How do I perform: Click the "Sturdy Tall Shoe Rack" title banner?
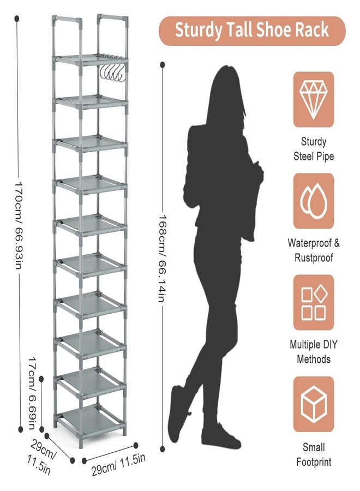point(252,31)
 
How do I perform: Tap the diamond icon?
point(313,100)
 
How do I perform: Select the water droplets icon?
point(313,201)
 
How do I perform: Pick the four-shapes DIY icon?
point(313,302)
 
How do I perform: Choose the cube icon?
point(313,404)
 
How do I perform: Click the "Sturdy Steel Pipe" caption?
point(314,149)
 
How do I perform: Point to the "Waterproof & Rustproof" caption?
point(314,250)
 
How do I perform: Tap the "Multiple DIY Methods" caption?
point(314,352)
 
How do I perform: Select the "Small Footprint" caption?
point(314,454)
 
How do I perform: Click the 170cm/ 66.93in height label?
point(17,225)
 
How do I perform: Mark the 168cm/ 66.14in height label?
point(162,259)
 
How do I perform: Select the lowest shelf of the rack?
point(90,420)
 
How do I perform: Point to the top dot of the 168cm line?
point(163,65)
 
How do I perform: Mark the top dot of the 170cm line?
point(17,19)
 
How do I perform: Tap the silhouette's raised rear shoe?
point(177,414)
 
